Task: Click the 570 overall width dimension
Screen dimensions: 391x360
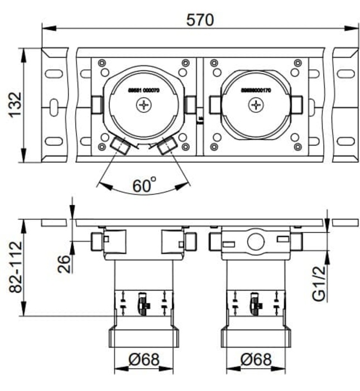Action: (200, 20)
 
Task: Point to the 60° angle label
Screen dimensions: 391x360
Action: (144, 185)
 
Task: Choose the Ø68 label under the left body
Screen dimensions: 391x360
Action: (143, 360)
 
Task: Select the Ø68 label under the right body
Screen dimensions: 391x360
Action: (256, 360)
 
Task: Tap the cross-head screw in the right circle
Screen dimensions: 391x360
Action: (256, 104)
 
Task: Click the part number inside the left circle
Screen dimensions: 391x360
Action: (143, 90)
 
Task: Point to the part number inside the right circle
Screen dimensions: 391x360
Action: (256, 90)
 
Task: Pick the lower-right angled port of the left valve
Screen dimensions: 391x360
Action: (167, 146)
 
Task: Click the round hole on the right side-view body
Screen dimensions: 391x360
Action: (256, 241)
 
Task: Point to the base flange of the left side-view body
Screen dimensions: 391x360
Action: (143, 338)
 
